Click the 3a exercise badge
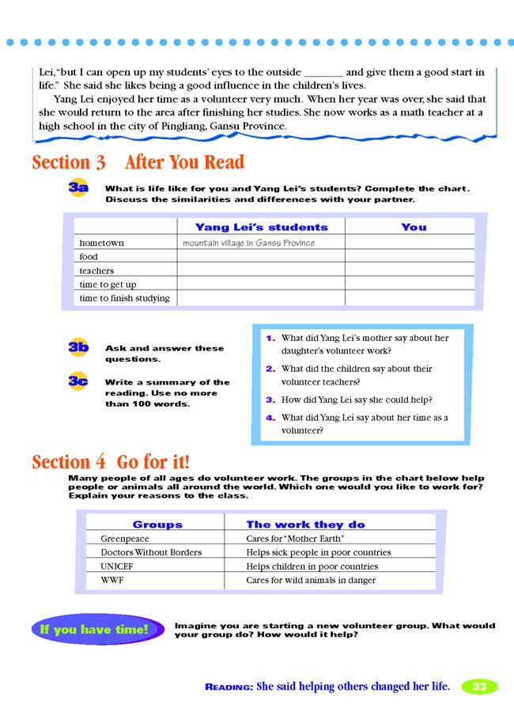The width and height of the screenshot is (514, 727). click(x=77, y=188)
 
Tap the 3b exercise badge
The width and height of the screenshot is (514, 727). click(x=77, y=347)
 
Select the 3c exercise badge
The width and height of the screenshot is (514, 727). click(x=77, y=381)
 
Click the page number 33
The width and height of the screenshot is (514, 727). click(x=479, y=687)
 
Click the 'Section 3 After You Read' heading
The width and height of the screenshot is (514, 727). click(x=138, y=163)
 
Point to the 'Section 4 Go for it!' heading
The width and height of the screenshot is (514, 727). click(x=111, y=462)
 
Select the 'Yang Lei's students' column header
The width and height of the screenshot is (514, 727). click(x=261, y=227)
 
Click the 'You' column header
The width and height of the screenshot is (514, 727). click(x=414, y=227)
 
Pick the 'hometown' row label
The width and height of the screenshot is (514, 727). click(x=101, y=243)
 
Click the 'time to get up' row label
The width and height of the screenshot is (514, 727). click(x=108, y=285)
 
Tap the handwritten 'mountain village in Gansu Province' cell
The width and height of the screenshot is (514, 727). click(x=248, y=243)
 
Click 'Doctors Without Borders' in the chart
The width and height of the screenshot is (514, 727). click(x=151, y=552)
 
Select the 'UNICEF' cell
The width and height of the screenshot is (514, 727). click(x=116, y=566)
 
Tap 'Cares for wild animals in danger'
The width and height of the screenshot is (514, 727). click(x=311, y=581)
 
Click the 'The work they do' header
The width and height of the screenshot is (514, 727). click(x=305, y=524)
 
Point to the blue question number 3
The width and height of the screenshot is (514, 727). click(x=270, y=400)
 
